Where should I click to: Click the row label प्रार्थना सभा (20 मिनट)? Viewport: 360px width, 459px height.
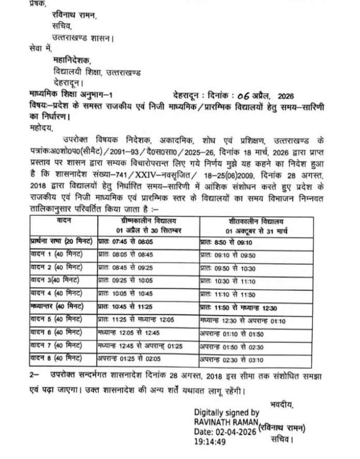coord(62,241)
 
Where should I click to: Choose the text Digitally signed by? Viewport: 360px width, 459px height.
coord(226,412)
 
